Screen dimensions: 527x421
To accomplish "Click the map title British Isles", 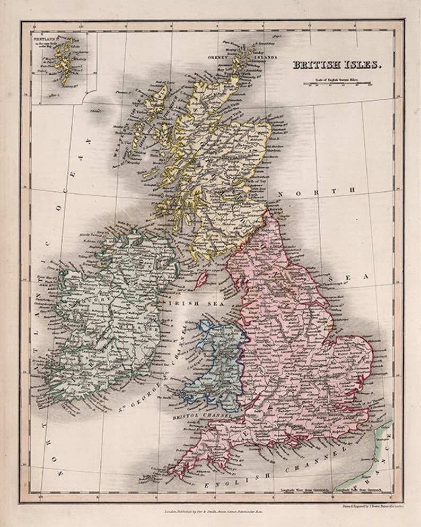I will click(x=337, y=65).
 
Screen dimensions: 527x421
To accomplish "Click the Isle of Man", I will click(x=201, y=279).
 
